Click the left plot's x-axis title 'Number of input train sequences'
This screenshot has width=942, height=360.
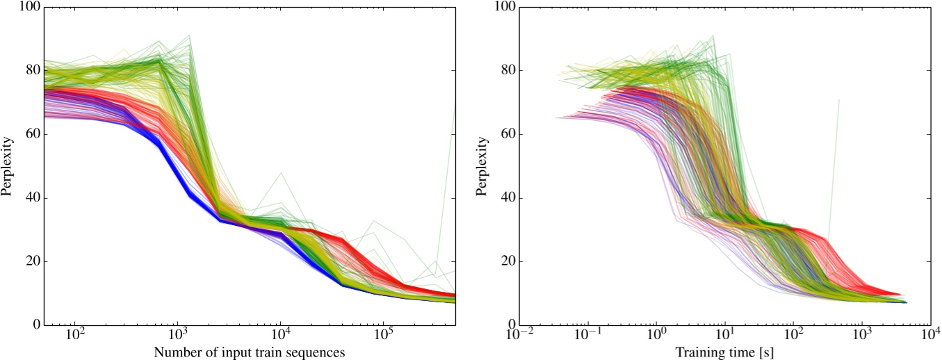click(250, 352)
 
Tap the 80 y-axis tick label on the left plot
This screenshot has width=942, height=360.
click(31, 71)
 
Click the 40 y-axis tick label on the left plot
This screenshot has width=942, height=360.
click(31, 198)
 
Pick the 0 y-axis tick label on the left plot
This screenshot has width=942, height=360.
click(34, 325)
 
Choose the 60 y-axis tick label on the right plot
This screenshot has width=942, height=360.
click(505, 134)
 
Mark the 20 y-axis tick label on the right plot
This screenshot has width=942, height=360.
click(505, 262)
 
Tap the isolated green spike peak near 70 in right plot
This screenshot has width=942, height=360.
click(839, 100)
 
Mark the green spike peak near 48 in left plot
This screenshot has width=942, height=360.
click(280, 172)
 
